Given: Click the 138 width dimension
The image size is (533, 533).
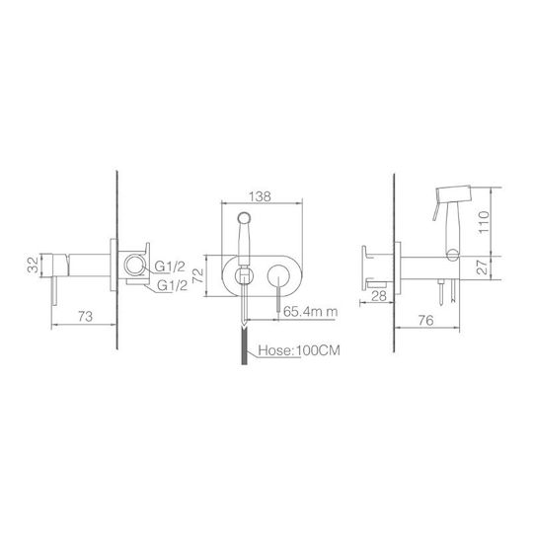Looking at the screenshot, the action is pyautogui.click(x=261, y=196).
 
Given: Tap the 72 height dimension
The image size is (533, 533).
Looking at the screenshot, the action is pyautogui.click(x=197, y=275).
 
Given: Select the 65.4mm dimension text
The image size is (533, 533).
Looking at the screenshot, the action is pyautogui.click(x=311, y=311).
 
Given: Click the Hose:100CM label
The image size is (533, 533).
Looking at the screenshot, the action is pyautogui.click(x=299, y=350).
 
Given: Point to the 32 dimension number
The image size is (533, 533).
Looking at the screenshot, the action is pyautogui.click(x=34, y=266).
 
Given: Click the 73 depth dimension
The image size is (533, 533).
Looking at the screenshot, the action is pyautogui.click(x=85, y=317).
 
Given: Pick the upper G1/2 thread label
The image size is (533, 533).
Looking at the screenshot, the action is pyautogui.click(x=170, y=267).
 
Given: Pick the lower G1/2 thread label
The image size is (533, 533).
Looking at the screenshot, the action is pyautogui.click(x=173, y=286).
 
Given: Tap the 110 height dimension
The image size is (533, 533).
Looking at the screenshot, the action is pyautogui.click(x=484, y=222).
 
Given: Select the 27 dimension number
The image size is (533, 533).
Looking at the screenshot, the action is pyautogui.click(x=482, y=267).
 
